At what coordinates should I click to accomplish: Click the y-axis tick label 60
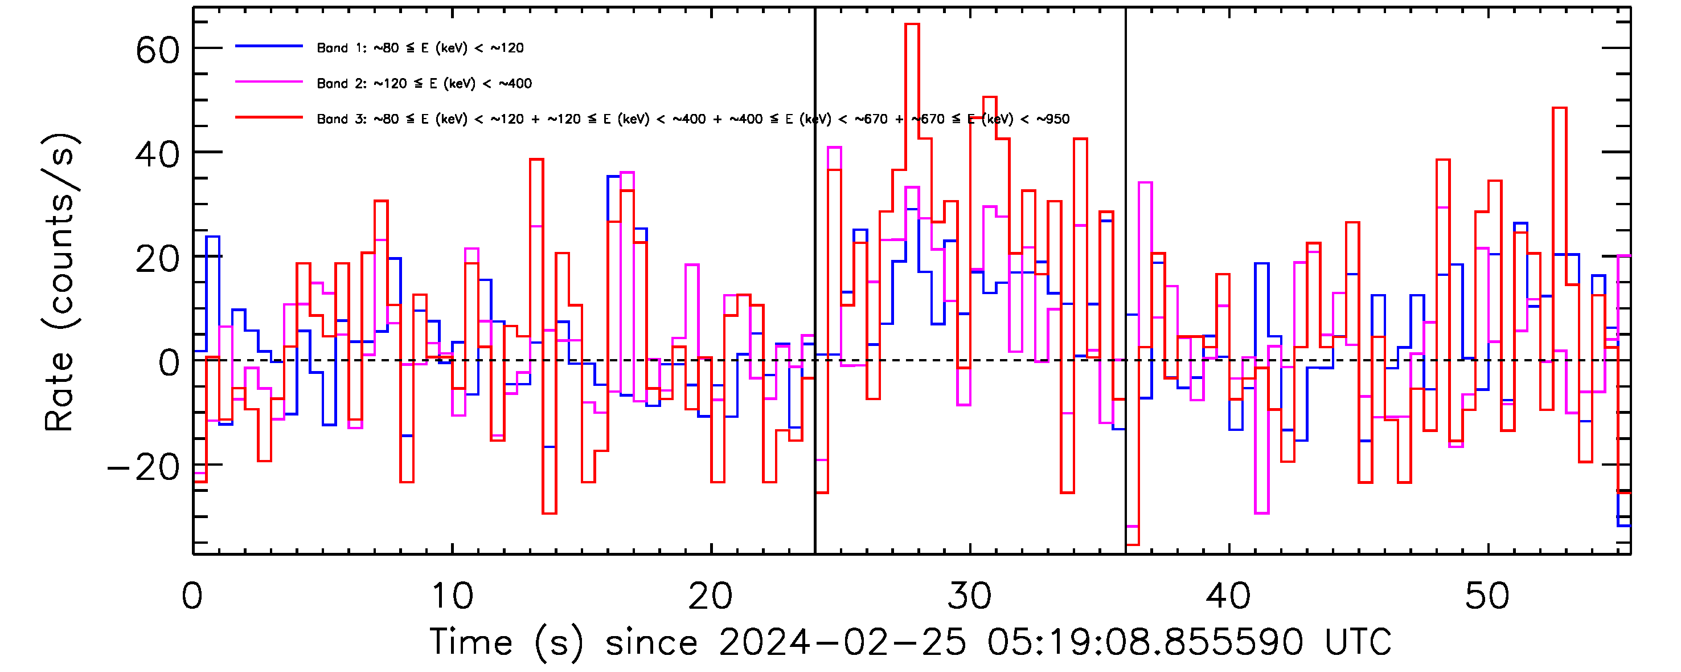tap(157, 50)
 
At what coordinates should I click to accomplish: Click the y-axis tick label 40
tap(157, 155)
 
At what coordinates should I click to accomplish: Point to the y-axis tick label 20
tap(157, 259)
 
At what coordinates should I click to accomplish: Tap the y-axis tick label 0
tap(169, 363)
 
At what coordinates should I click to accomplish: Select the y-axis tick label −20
tap(143, 467)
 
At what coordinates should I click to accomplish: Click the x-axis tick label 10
tap(452, 596)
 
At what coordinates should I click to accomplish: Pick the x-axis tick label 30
tap(970, 596)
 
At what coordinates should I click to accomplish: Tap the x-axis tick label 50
tap(1487, 596)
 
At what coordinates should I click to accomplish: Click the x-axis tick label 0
tap(192, 596)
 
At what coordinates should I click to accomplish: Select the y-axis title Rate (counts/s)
tap(60, 282)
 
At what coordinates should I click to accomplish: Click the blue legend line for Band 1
tap(269, 46)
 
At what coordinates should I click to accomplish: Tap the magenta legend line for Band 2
tap(269, 82)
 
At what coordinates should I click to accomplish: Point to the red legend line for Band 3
tap(269, 117)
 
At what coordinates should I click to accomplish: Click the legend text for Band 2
tap(424, 84)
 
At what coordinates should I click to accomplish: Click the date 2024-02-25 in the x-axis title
tap(842, 642)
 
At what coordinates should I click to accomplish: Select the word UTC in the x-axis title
tap(1358, 642)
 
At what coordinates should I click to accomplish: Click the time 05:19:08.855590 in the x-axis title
tap(1145, 642)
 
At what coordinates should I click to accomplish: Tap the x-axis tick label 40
tap(1228, 596)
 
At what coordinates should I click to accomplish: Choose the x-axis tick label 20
tap(711, 596)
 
